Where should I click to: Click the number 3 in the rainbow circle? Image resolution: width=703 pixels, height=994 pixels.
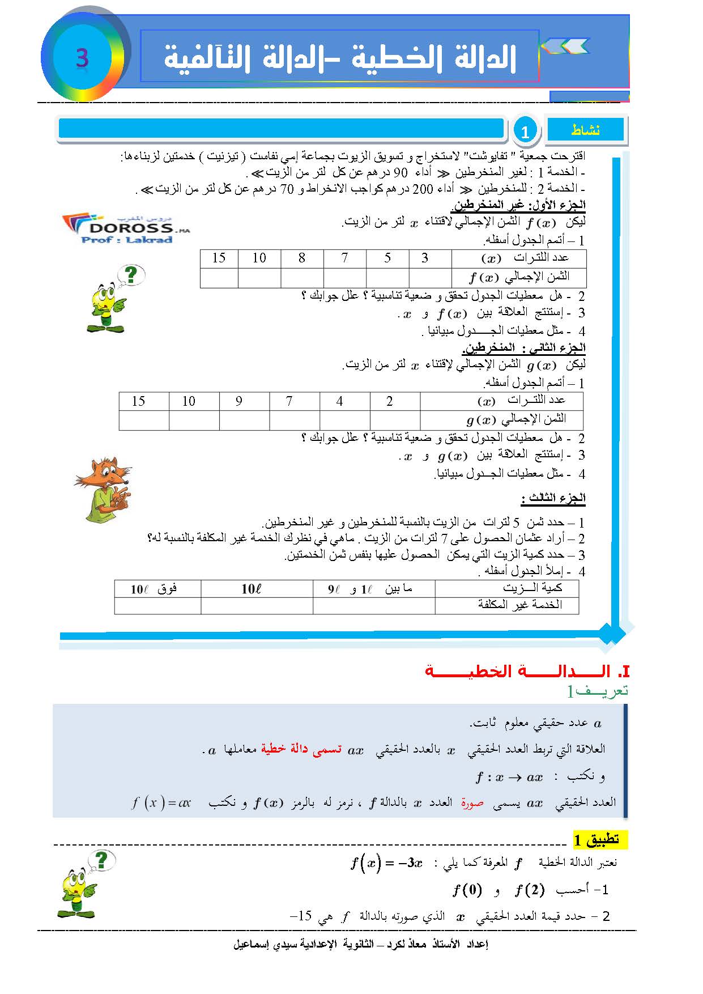point(82,58)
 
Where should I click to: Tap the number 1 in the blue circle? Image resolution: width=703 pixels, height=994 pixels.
point(525,131)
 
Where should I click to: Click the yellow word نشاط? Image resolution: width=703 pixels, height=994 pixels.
point(585,130)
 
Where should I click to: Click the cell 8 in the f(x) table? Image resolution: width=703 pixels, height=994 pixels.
point(302,258)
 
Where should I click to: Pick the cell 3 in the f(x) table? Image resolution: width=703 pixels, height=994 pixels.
point(425,258)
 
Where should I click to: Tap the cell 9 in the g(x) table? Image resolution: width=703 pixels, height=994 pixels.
point(238,401)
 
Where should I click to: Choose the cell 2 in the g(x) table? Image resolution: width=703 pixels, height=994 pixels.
point(389,401)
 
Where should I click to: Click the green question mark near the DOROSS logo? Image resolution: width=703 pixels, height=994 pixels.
point(131,275)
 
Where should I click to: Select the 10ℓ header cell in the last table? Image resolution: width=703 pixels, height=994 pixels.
point(251,589)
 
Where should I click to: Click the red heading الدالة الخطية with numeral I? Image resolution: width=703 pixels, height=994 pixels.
point(527,672)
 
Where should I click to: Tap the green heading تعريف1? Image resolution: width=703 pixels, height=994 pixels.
point(598,691)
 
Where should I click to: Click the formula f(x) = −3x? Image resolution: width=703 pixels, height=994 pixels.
point(386,864)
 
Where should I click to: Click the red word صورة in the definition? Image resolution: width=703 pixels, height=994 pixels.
point(471,802)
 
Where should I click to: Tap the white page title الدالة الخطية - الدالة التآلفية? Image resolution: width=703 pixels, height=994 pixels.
point(340,58)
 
